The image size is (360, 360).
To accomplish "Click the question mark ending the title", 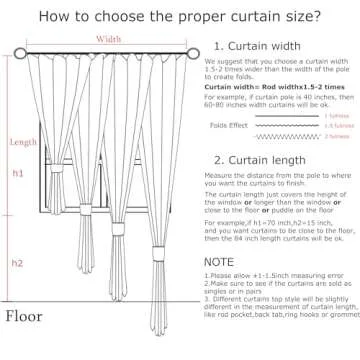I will pyautogui.click(x=296, y=16).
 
